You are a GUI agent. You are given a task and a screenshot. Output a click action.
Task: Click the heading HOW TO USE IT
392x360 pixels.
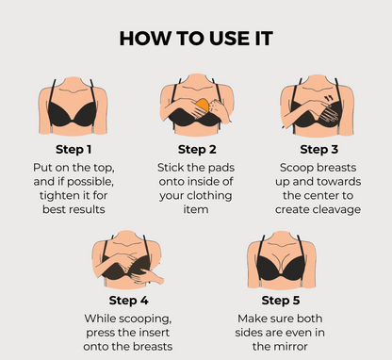(x=196, y=39)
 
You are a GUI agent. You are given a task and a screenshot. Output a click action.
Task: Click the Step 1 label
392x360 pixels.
(x=75, y=148)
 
